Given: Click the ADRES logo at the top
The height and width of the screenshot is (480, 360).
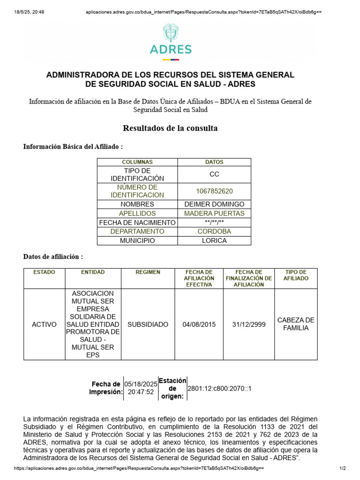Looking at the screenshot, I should (171, 42).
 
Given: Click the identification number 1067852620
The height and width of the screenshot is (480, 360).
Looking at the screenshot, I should (214, 191).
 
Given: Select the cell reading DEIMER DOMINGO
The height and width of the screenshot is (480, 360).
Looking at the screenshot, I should (214, 204).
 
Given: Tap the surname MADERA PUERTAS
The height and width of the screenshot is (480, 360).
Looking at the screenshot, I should (214, 213).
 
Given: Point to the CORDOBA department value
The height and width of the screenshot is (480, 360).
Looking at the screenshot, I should (214, 232).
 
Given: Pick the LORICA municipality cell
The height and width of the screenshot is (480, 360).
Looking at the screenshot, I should (214, 240).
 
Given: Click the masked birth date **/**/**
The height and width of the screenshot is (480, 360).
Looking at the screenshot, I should (214, 223).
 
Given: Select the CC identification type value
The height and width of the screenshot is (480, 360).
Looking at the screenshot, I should (214, 174).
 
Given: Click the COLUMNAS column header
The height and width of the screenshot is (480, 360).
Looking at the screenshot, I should (137, 162).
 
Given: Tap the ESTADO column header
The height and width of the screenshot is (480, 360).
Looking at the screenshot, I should (44, 272).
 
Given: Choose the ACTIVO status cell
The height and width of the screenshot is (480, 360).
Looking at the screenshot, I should (44, 324).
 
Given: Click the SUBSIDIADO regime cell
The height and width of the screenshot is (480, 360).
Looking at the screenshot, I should (148, 324).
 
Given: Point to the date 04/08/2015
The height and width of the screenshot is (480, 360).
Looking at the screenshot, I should (199, 324).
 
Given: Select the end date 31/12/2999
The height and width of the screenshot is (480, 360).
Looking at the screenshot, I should (249, 324).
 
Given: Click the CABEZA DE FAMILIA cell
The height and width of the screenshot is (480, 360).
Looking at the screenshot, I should (296, 324).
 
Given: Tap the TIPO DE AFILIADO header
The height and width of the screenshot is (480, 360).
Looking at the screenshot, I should (296, 275).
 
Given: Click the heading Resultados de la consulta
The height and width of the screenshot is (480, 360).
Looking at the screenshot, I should (170, 128).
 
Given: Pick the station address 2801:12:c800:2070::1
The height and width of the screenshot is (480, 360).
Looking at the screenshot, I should (219, 389).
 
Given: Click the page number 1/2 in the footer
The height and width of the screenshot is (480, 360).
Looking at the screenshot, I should (342, 469).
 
